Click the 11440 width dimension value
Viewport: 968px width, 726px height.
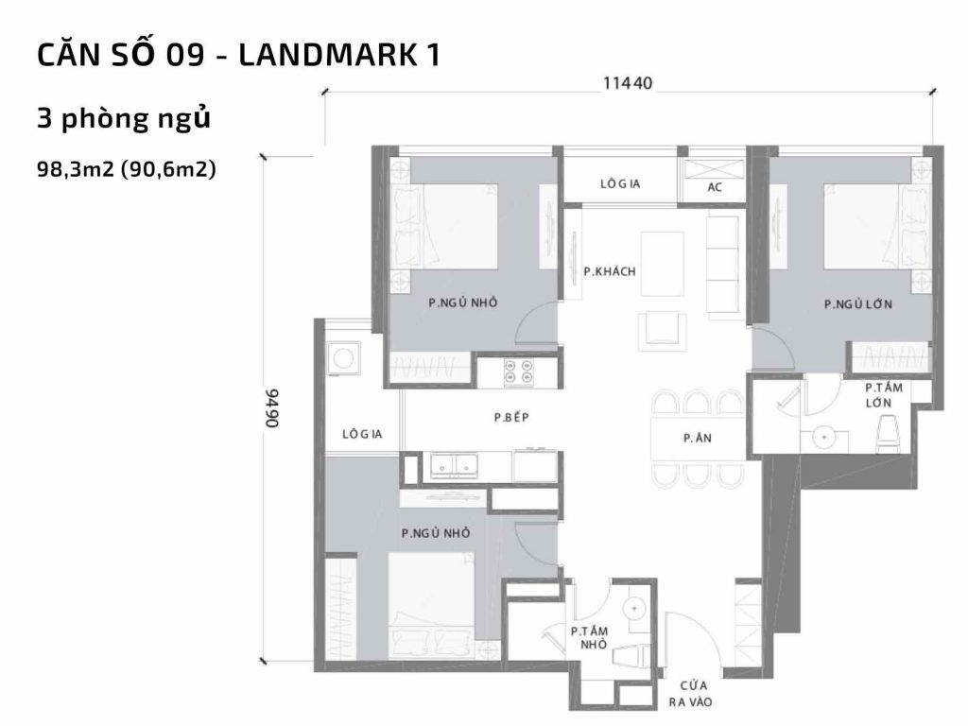[x=629, y=83]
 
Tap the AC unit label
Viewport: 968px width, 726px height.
[x=715, y=187]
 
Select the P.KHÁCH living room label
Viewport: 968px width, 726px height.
[x=610, y=272]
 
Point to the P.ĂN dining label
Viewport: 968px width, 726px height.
[x=698, y=439]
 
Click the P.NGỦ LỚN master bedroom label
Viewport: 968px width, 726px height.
[x=858, y=305]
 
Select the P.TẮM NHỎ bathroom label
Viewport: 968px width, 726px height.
[x=588, y=638]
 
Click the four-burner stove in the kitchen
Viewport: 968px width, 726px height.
[x=518, y=372]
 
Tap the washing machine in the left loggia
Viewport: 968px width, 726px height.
[x=341, y=357]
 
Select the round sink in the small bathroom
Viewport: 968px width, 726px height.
[x=635, y=607]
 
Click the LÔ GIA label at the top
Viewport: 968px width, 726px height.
[x=620, y=184]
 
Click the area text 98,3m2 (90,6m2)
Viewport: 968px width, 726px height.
[x=128, y=170]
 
